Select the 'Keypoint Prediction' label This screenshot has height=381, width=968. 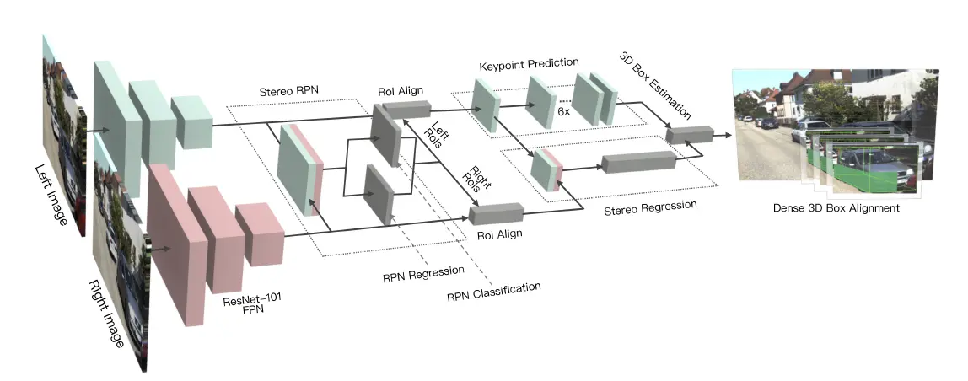coord(529,63)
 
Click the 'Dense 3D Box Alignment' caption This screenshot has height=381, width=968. coord(835,207)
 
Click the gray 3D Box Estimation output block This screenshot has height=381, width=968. coord(689,134)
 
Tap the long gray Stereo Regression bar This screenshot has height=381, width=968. coord(639,162)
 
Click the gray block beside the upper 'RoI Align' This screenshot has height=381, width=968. coord(406,109)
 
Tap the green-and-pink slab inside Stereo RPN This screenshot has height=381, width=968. coord(300,170)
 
